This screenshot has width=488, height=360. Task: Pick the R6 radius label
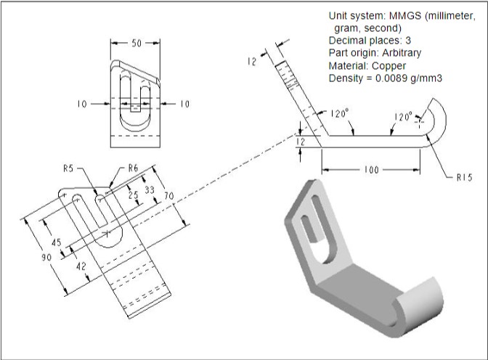pyautogui.click(x=132, y=168)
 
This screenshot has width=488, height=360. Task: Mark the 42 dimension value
pyautogui.click(x=81, y=266)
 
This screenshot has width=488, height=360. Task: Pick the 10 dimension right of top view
pyautogui.click(x=184, y=105)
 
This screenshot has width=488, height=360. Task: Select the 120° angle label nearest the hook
pyautogui.click(x=403, y=116)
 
